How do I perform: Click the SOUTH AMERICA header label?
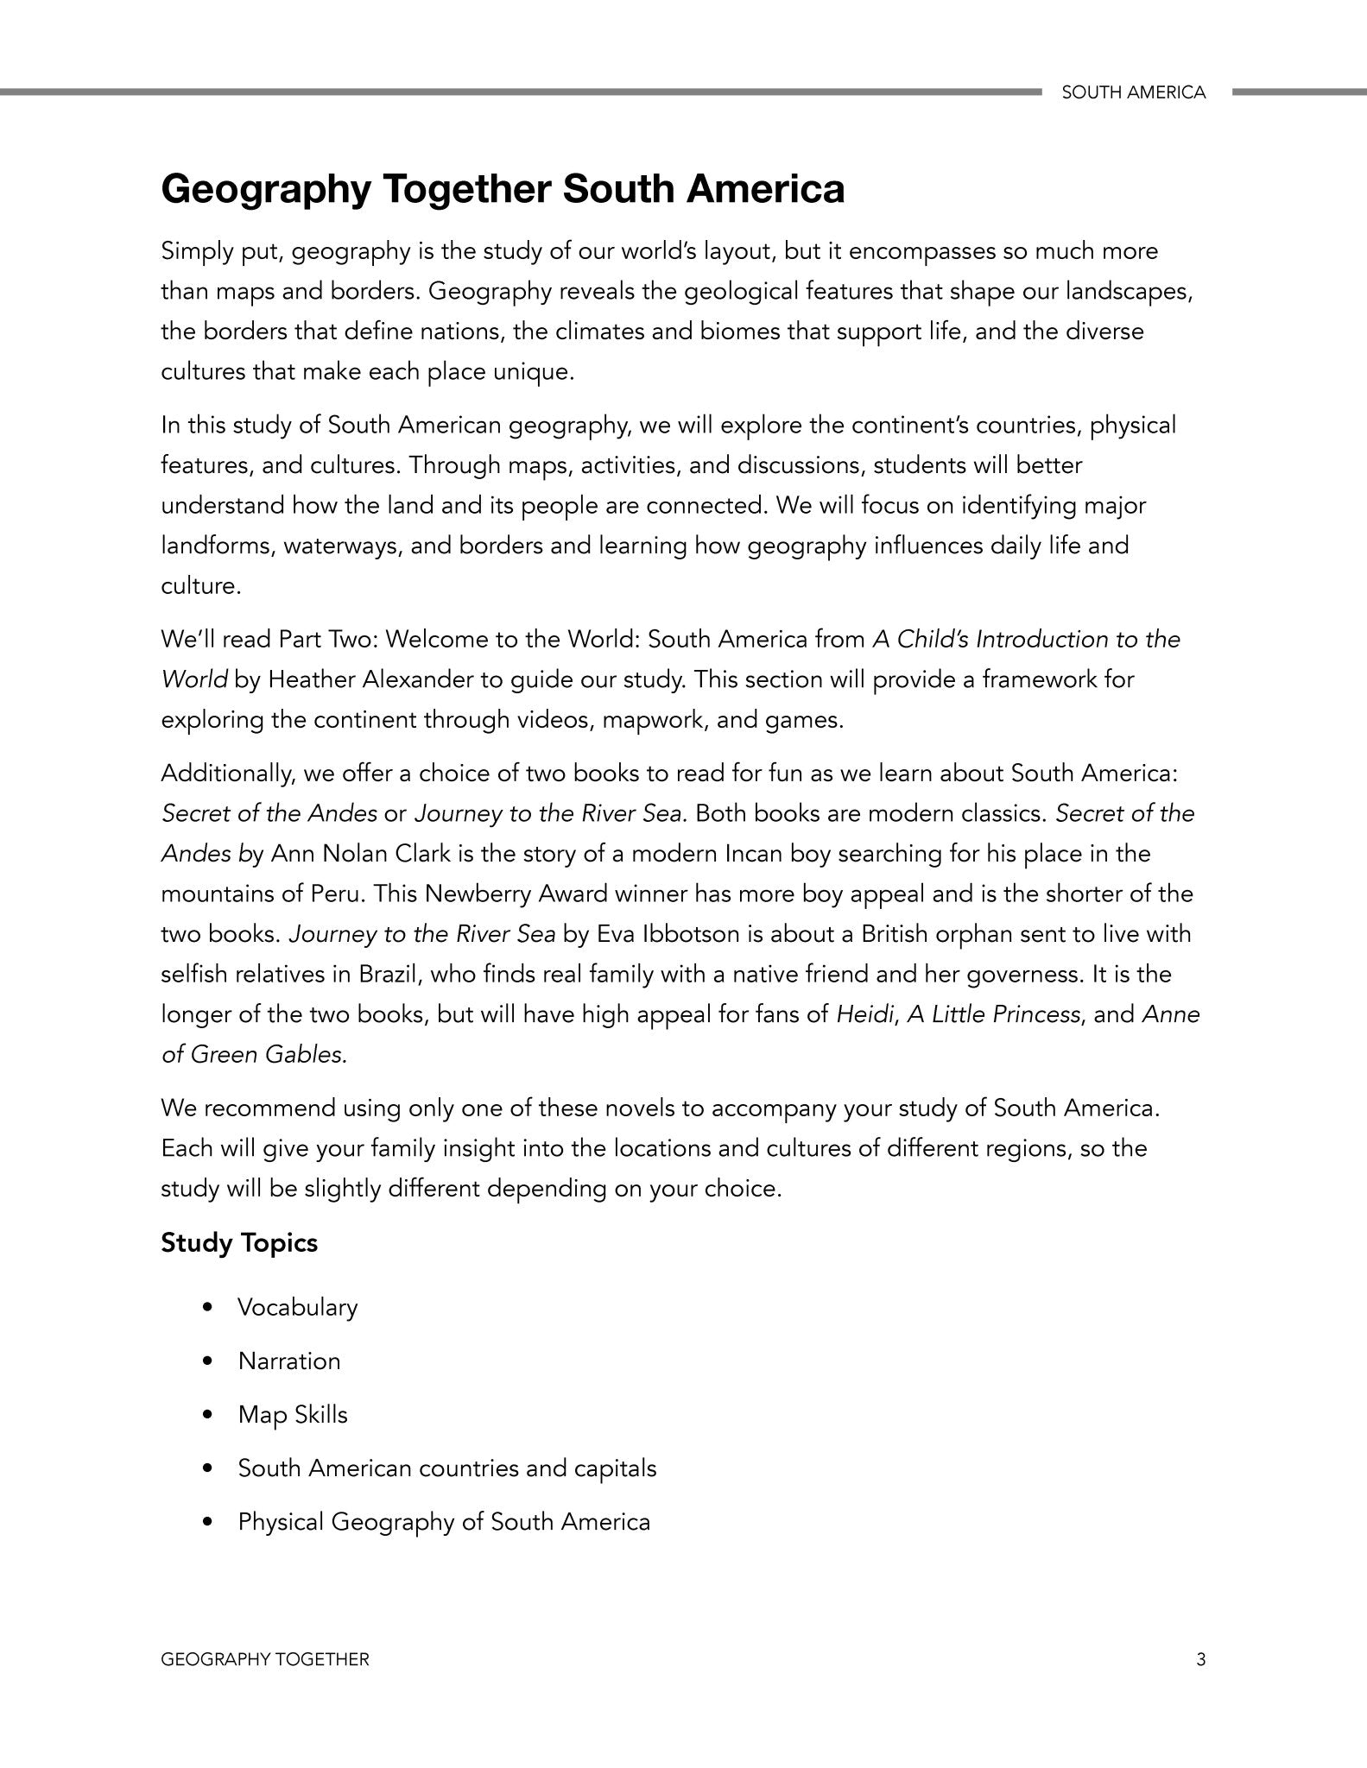coord(1133,92)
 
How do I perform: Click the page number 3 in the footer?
coord(1200,1659)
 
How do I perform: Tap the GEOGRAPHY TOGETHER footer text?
coord(265,1659)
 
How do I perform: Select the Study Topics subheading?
coord(239,1243)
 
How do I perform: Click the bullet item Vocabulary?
coord(297,1307)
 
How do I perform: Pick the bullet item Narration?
coord(289,1361)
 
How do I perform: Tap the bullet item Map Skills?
coord(293,1415)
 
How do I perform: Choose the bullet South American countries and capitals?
coord(446,1468)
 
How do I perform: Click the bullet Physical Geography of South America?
coord(444,1522)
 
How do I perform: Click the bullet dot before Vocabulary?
coord(206,1308)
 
